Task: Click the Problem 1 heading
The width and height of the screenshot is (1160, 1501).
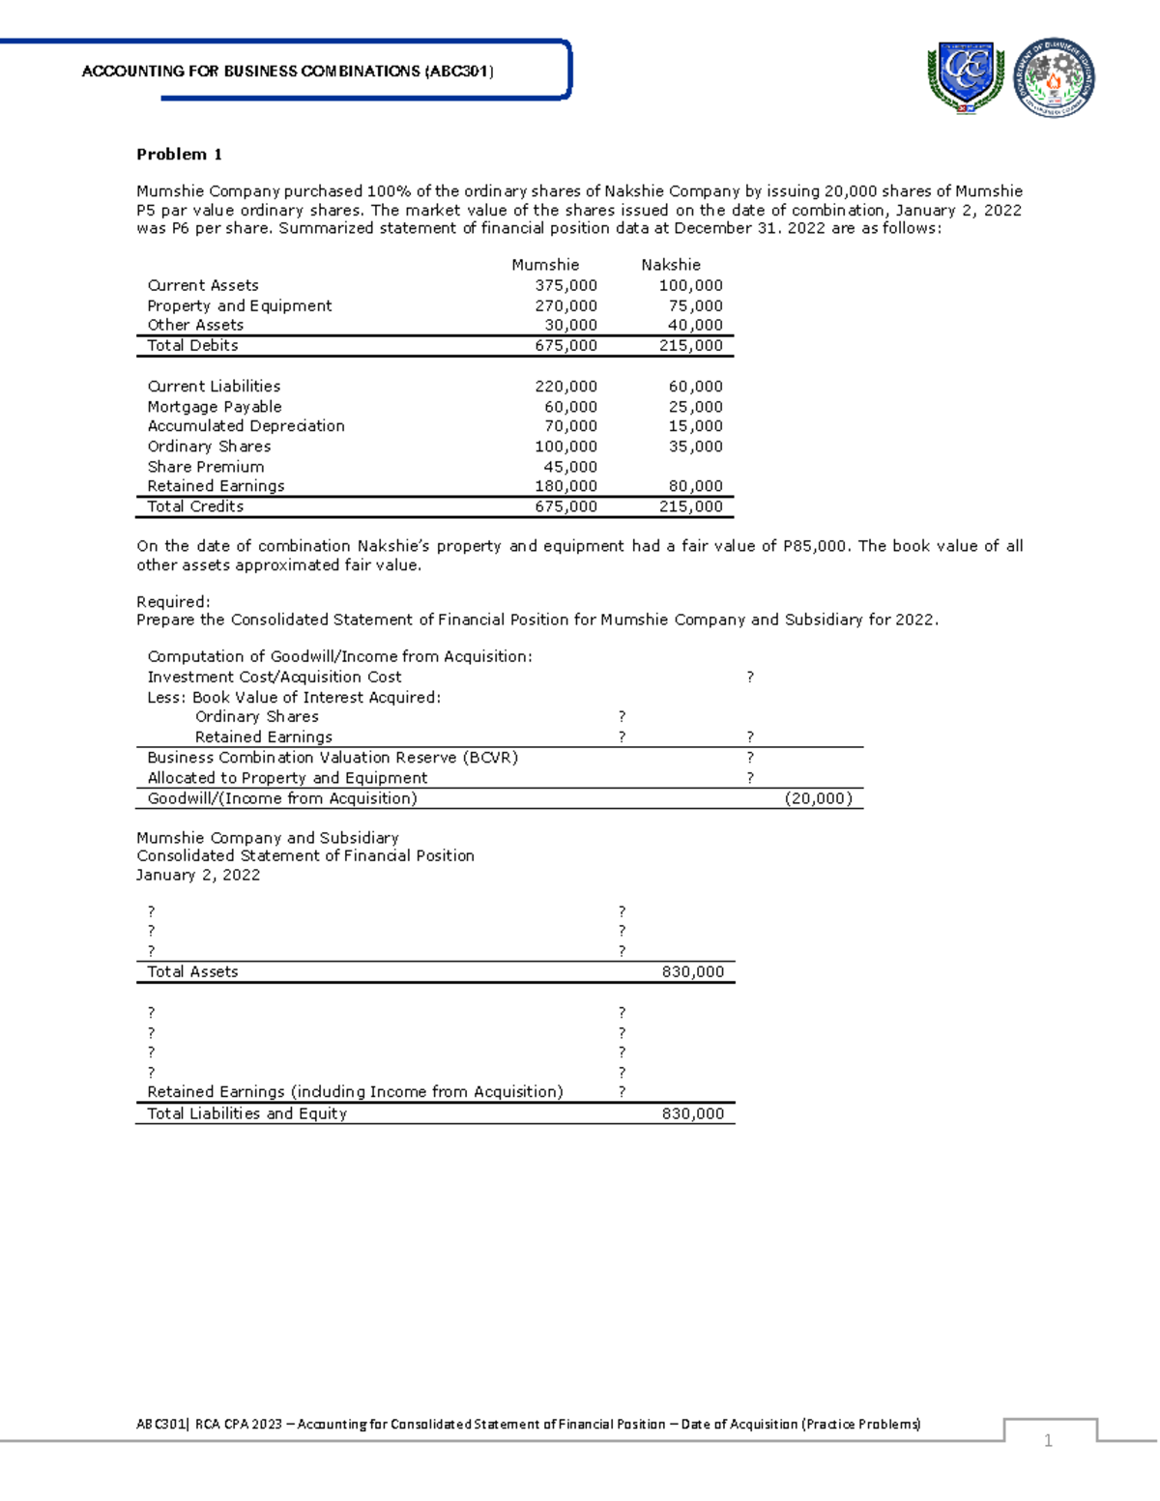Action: [x=179, y=155]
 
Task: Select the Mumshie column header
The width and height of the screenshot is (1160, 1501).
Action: [x=545, y=265]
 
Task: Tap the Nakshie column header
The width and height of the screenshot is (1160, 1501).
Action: [x=671, y=265]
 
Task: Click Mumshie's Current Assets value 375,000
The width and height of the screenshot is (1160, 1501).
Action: [x=566, y=286]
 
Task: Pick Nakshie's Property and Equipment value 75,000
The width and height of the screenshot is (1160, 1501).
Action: [x=695, y=305]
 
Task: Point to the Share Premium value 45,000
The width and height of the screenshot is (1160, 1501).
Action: [x=570, y=467]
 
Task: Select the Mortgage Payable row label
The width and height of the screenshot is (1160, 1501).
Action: [x=215, y=407]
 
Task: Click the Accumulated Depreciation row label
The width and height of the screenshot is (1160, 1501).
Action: [x=246, y=426]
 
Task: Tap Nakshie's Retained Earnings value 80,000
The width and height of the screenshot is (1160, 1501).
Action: [x=695, y=486]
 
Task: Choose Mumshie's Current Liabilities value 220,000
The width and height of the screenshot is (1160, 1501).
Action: [x=566, y=387]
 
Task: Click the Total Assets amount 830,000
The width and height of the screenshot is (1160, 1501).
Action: [x=692, y=972]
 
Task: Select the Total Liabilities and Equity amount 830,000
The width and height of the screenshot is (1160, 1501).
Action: [x=692, y=1113]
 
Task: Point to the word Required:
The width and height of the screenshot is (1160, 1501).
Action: [x=173, y=601]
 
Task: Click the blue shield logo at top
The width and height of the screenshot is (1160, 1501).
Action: [x=965, y=77]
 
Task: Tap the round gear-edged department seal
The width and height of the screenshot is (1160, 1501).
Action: [x=1054, y=78]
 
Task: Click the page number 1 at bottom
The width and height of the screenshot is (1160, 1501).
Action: [x=1048, y=1441]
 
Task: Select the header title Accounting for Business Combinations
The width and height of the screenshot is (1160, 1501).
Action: [x=288, y=72]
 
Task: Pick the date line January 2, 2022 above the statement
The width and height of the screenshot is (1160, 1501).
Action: [x=198, y=875]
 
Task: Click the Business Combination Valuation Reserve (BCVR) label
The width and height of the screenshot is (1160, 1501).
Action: [x=333, y=758]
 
